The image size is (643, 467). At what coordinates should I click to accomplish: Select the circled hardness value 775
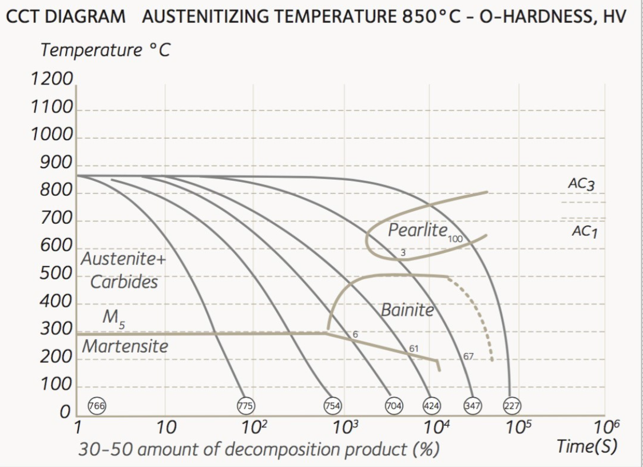pyautogui.click(x=245, y=405)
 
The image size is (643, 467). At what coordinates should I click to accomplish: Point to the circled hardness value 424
pyautogui.click(x=431, y=405)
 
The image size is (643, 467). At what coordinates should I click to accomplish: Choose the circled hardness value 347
pyautogui.click(x=473, y=405)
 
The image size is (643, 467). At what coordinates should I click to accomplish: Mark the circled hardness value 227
pyautogui.click(x=511, y=405)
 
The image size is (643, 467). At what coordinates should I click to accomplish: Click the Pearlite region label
pyautogui.click(x=418, y=231)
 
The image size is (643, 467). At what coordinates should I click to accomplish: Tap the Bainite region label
pyautogui.click(x=407, y=310)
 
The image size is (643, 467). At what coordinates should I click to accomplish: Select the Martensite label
pyautogui.click(x=125, y=346)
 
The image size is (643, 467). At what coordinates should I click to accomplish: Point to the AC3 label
pyautogui.click(x=581, y=184)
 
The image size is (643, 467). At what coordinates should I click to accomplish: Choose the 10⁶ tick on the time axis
pyautogui.click(x=604, y=427)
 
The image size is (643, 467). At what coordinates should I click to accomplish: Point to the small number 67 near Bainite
pyautogui.click(x=469, y=356)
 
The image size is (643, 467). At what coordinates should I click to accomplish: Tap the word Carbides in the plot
pyautogui.click(x=124, y=282)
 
